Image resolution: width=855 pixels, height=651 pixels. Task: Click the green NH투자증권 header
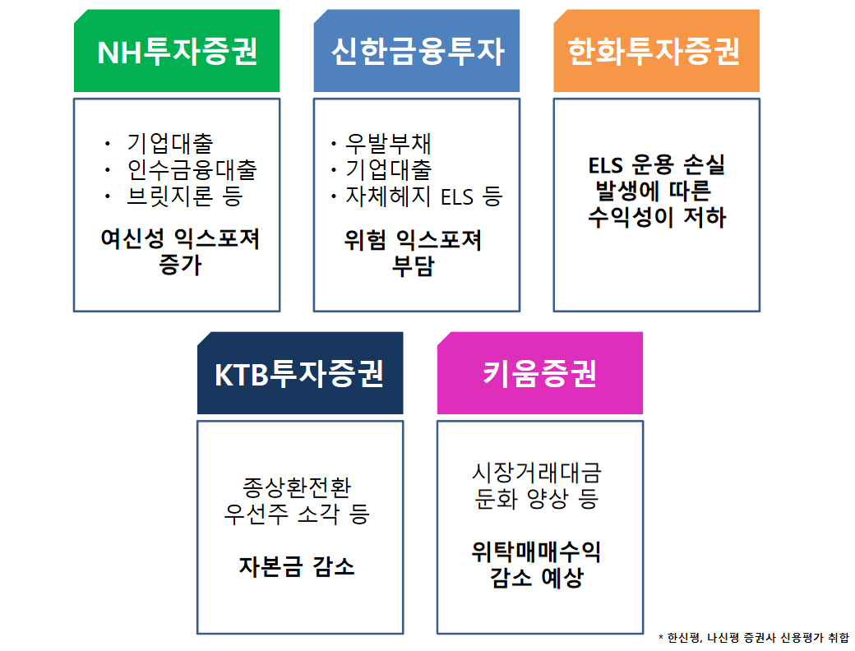pos(177,52)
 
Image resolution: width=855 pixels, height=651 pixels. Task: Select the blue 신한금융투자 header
pos(417,52)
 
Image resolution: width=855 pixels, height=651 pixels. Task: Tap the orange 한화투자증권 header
pos(655,52)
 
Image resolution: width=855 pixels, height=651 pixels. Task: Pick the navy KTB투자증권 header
pos(299,374)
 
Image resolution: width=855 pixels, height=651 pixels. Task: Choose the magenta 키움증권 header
pos(539,374)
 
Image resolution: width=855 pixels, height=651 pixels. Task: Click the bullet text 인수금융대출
pos(192,170)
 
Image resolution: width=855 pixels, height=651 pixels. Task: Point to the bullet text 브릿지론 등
pos(185,196)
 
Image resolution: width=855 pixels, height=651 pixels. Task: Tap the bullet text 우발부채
pos(389,144)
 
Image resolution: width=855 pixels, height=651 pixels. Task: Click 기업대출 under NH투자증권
pos(170,144)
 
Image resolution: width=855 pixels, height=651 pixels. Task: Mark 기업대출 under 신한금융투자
pos(389,170)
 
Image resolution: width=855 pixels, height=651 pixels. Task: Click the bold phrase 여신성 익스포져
pos(180,239)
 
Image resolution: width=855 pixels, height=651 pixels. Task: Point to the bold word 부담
pos(414,266)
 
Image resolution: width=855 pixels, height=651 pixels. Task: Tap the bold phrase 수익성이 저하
pos(657,218)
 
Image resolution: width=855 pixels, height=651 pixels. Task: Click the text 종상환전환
pos(297,487)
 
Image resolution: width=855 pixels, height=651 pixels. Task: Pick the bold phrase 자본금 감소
pos(297,566)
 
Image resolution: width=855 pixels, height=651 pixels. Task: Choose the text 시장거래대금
pos(537,473)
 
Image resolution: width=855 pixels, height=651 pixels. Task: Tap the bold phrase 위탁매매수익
pos(537,551)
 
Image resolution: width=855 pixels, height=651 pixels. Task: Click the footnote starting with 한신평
pos(757,637)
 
